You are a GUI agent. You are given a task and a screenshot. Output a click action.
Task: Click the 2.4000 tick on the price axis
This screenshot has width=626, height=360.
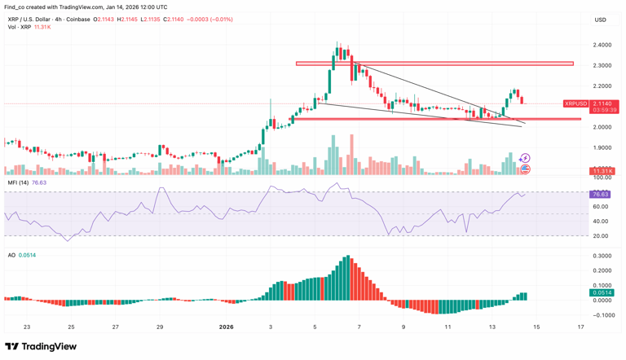coord(603,45)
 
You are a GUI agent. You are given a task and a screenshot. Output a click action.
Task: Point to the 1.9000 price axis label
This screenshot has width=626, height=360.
coord(603,147)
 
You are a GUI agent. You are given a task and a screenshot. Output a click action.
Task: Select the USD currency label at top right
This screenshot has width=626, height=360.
coord(600,20)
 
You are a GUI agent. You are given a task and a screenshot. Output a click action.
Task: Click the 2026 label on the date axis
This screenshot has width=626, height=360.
coord(227,327)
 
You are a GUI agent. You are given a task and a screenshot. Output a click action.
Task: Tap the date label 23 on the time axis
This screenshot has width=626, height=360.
coord(27,327)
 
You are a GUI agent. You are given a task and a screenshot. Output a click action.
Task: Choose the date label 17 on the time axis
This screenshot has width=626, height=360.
coord(580,327)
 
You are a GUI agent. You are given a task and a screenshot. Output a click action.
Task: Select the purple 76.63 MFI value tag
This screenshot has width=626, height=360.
coord(600,195)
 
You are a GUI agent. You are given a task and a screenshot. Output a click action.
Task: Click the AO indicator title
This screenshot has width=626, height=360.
coord(11,255)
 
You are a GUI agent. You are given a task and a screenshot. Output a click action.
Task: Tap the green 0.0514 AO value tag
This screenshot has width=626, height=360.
coord(602,292)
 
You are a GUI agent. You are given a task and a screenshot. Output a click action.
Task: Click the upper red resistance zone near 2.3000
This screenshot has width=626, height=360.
coord(434,64)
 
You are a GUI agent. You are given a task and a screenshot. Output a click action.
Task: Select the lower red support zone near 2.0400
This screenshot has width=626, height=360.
coord(437,119)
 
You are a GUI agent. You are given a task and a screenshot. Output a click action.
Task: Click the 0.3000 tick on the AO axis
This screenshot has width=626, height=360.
coord(603,256)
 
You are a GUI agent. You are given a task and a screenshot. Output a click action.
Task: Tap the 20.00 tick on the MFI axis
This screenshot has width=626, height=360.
coord(601,236)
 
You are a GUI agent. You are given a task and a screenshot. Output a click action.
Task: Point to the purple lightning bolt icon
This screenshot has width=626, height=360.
coord(525,159)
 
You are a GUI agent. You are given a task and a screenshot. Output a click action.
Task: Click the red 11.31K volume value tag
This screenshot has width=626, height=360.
coord(602,172)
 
